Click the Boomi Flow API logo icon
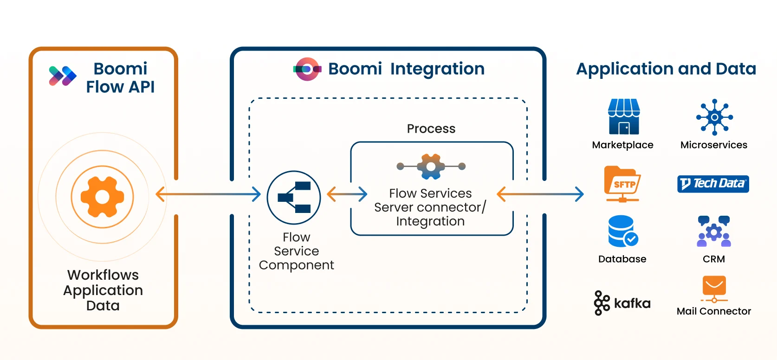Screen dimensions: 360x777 coord(63,76)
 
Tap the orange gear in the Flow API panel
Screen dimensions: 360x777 coord(102,197)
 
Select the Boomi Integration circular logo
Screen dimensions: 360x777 coord(307,69)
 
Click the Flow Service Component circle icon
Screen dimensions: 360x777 coord(294,198)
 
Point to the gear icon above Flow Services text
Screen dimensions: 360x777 coord(431,166)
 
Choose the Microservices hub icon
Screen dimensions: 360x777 coord(714,117)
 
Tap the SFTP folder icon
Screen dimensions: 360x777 coord(622,184)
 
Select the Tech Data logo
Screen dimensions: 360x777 coord(713,184)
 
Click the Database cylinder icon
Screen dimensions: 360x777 coord(622,231)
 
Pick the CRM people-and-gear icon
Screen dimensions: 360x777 coord(714,231)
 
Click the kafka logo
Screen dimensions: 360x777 coord(622,303)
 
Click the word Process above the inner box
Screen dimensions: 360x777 coord(431,129)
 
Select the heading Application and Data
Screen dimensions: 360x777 coord(666,69)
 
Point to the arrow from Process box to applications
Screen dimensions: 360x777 coord(540,194)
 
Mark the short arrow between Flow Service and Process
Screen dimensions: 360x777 coord(347,194)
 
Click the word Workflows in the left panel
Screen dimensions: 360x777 coord(103,275)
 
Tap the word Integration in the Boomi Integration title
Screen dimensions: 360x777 coord(437,69)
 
